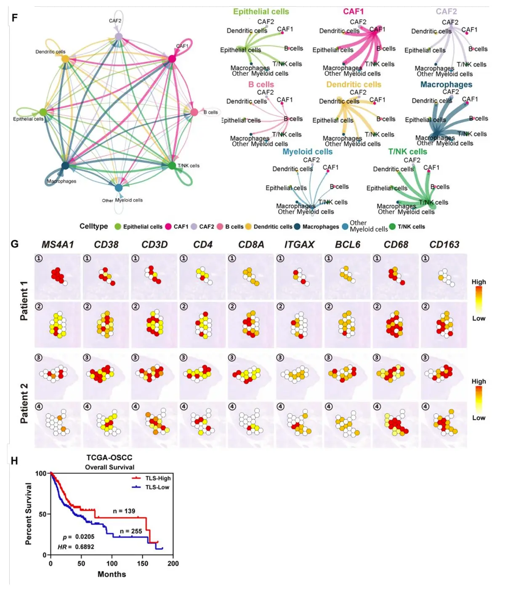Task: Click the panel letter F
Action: click(15, 18)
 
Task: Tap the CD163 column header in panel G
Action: click(444, 245)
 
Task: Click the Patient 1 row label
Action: click(24, 300)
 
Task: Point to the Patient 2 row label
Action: click(24, 403)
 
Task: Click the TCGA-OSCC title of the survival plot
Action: click(109, 457)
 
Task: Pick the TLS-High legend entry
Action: click(158, 478)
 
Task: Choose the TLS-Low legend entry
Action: click(157, 487)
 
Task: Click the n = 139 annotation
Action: click(124, 511)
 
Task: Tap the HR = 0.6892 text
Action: click(76, 547)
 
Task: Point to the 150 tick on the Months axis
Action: click(143, 563)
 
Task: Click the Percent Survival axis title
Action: click(29, 513)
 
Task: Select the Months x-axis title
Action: click(112, 574)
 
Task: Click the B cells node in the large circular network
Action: click(194, 112)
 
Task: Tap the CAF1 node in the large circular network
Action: click(172, 59)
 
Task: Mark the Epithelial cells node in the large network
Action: click(43, 112)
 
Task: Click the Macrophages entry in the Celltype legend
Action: click(320, 226)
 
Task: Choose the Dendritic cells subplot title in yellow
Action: click(353, 85)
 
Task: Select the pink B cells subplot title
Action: click(261, 85)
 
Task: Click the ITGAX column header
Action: click(299, 245)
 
